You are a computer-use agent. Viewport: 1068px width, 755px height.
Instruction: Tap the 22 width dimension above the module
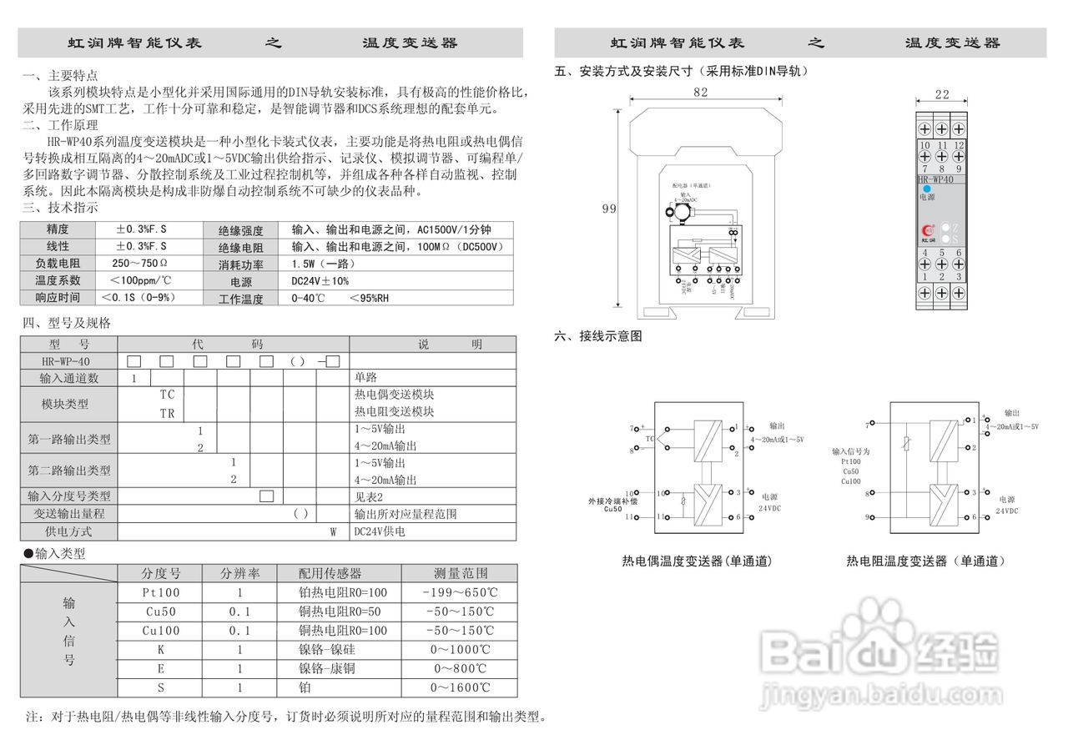click(942, 95)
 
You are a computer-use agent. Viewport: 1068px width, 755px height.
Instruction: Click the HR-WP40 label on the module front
click(935, 179)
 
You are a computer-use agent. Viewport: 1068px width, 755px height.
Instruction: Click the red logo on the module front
click(926, 230)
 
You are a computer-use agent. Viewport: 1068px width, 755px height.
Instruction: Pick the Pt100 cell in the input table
click(161, 592)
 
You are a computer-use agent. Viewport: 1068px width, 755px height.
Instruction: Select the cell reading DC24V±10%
click(320, 281)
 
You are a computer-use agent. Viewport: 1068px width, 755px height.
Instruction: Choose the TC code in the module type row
click(168, 394)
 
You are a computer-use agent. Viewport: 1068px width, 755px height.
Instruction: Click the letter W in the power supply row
click(332, 531)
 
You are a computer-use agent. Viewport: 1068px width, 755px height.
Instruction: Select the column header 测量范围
click(460, 573)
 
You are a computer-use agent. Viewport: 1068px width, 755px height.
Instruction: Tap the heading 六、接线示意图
click(598, 336)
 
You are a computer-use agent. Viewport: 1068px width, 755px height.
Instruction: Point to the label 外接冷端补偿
click(612, 501)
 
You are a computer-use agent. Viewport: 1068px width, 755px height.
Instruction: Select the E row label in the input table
click(161, 669)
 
